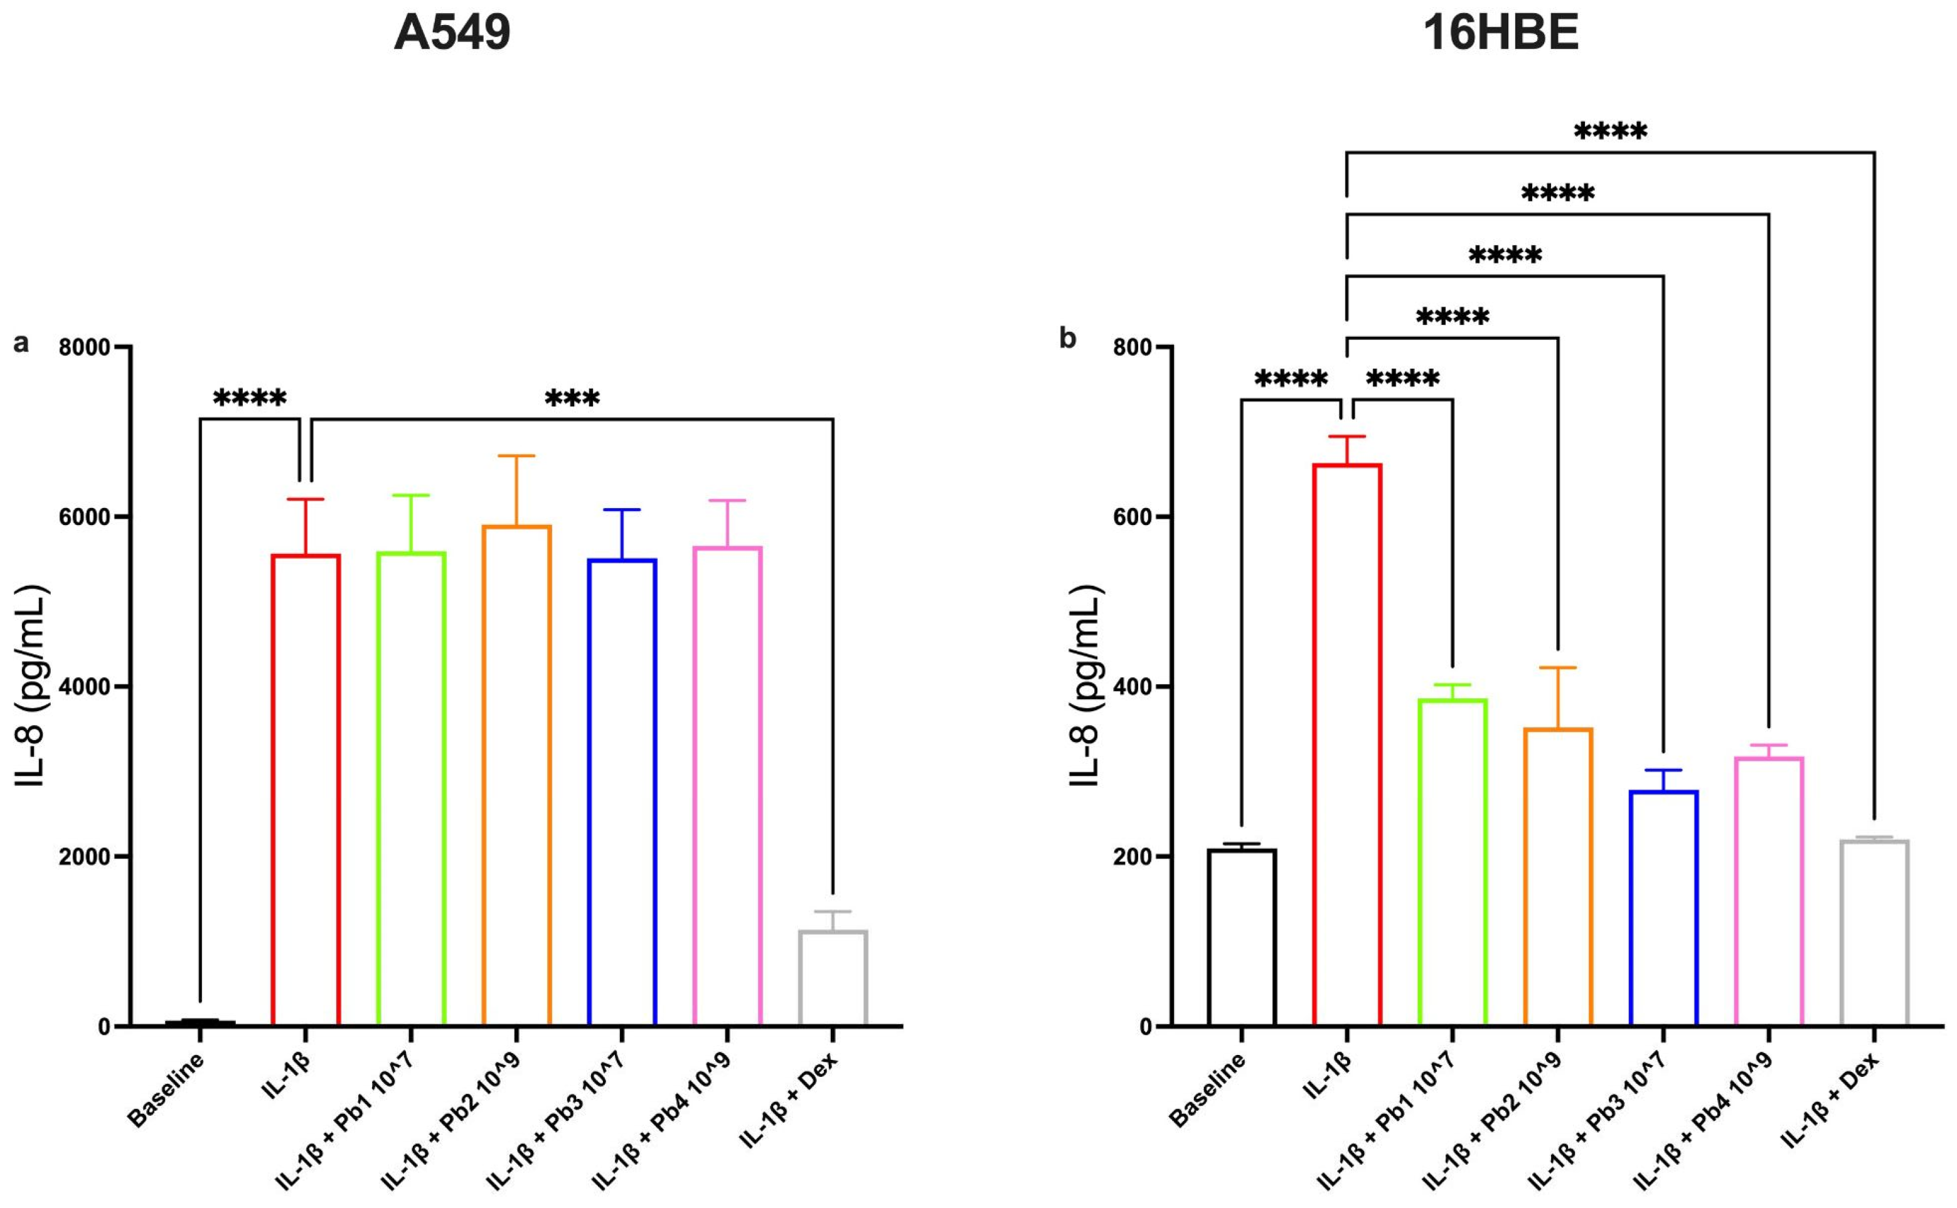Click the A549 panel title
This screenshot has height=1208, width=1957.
[x=452, y=34]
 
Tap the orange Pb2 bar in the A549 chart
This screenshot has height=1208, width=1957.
[x=516, y=775]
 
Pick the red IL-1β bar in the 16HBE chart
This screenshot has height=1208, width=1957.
[x=1346, y=743]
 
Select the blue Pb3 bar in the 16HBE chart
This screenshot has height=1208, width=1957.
[x=1663, y=908]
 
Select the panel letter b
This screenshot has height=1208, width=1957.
[x=1068, y=339]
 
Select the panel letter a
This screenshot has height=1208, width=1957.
[x=21, y=344]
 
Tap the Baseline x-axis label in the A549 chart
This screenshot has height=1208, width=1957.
[x=166, y=1091]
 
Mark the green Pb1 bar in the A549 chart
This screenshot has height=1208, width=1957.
[x=411, y=787]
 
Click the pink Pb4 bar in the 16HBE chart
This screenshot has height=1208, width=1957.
[x=1768, y=891]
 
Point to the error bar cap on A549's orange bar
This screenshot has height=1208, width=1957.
[x=516, y=456]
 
